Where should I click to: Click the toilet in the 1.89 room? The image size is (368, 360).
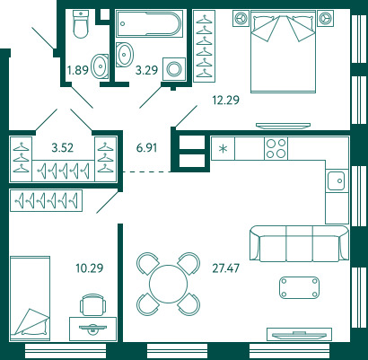81,24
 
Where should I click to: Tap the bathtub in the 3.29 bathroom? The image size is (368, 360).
149,24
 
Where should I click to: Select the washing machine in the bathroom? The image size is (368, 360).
174,69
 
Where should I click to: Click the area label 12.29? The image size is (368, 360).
226,100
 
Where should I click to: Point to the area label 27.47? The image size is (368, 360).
226,268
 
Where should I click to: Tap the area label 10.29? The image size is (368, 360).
90,268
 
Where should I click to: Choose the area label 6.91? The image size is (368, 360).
146,147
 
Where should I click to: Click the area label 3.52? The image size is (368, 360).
63,147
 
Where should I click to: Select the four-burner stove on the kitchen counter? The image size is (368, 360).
276,148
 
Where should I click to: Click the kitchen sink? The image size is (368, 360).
337,180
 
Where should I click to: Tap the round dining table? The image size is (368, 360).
169,284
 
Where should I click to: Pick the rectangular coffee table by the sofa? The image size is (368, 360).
299,287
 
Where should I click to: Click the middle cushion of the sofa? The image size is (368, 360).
300,244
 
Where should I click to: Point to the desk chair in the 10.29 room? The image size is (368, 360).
93,304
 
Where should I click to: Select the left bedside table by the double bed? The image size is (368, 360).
241,19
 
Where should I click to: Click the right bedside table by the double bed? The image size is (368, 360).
325,19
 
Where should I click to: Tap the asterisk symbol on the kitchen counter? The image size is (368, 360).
223,148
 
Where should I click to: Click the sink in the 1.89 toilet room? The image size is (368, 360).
100,66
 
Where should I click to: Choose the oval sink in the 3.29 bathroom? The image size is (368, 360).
124,55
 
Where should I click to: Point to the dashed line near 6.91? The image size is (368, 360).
147,171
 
